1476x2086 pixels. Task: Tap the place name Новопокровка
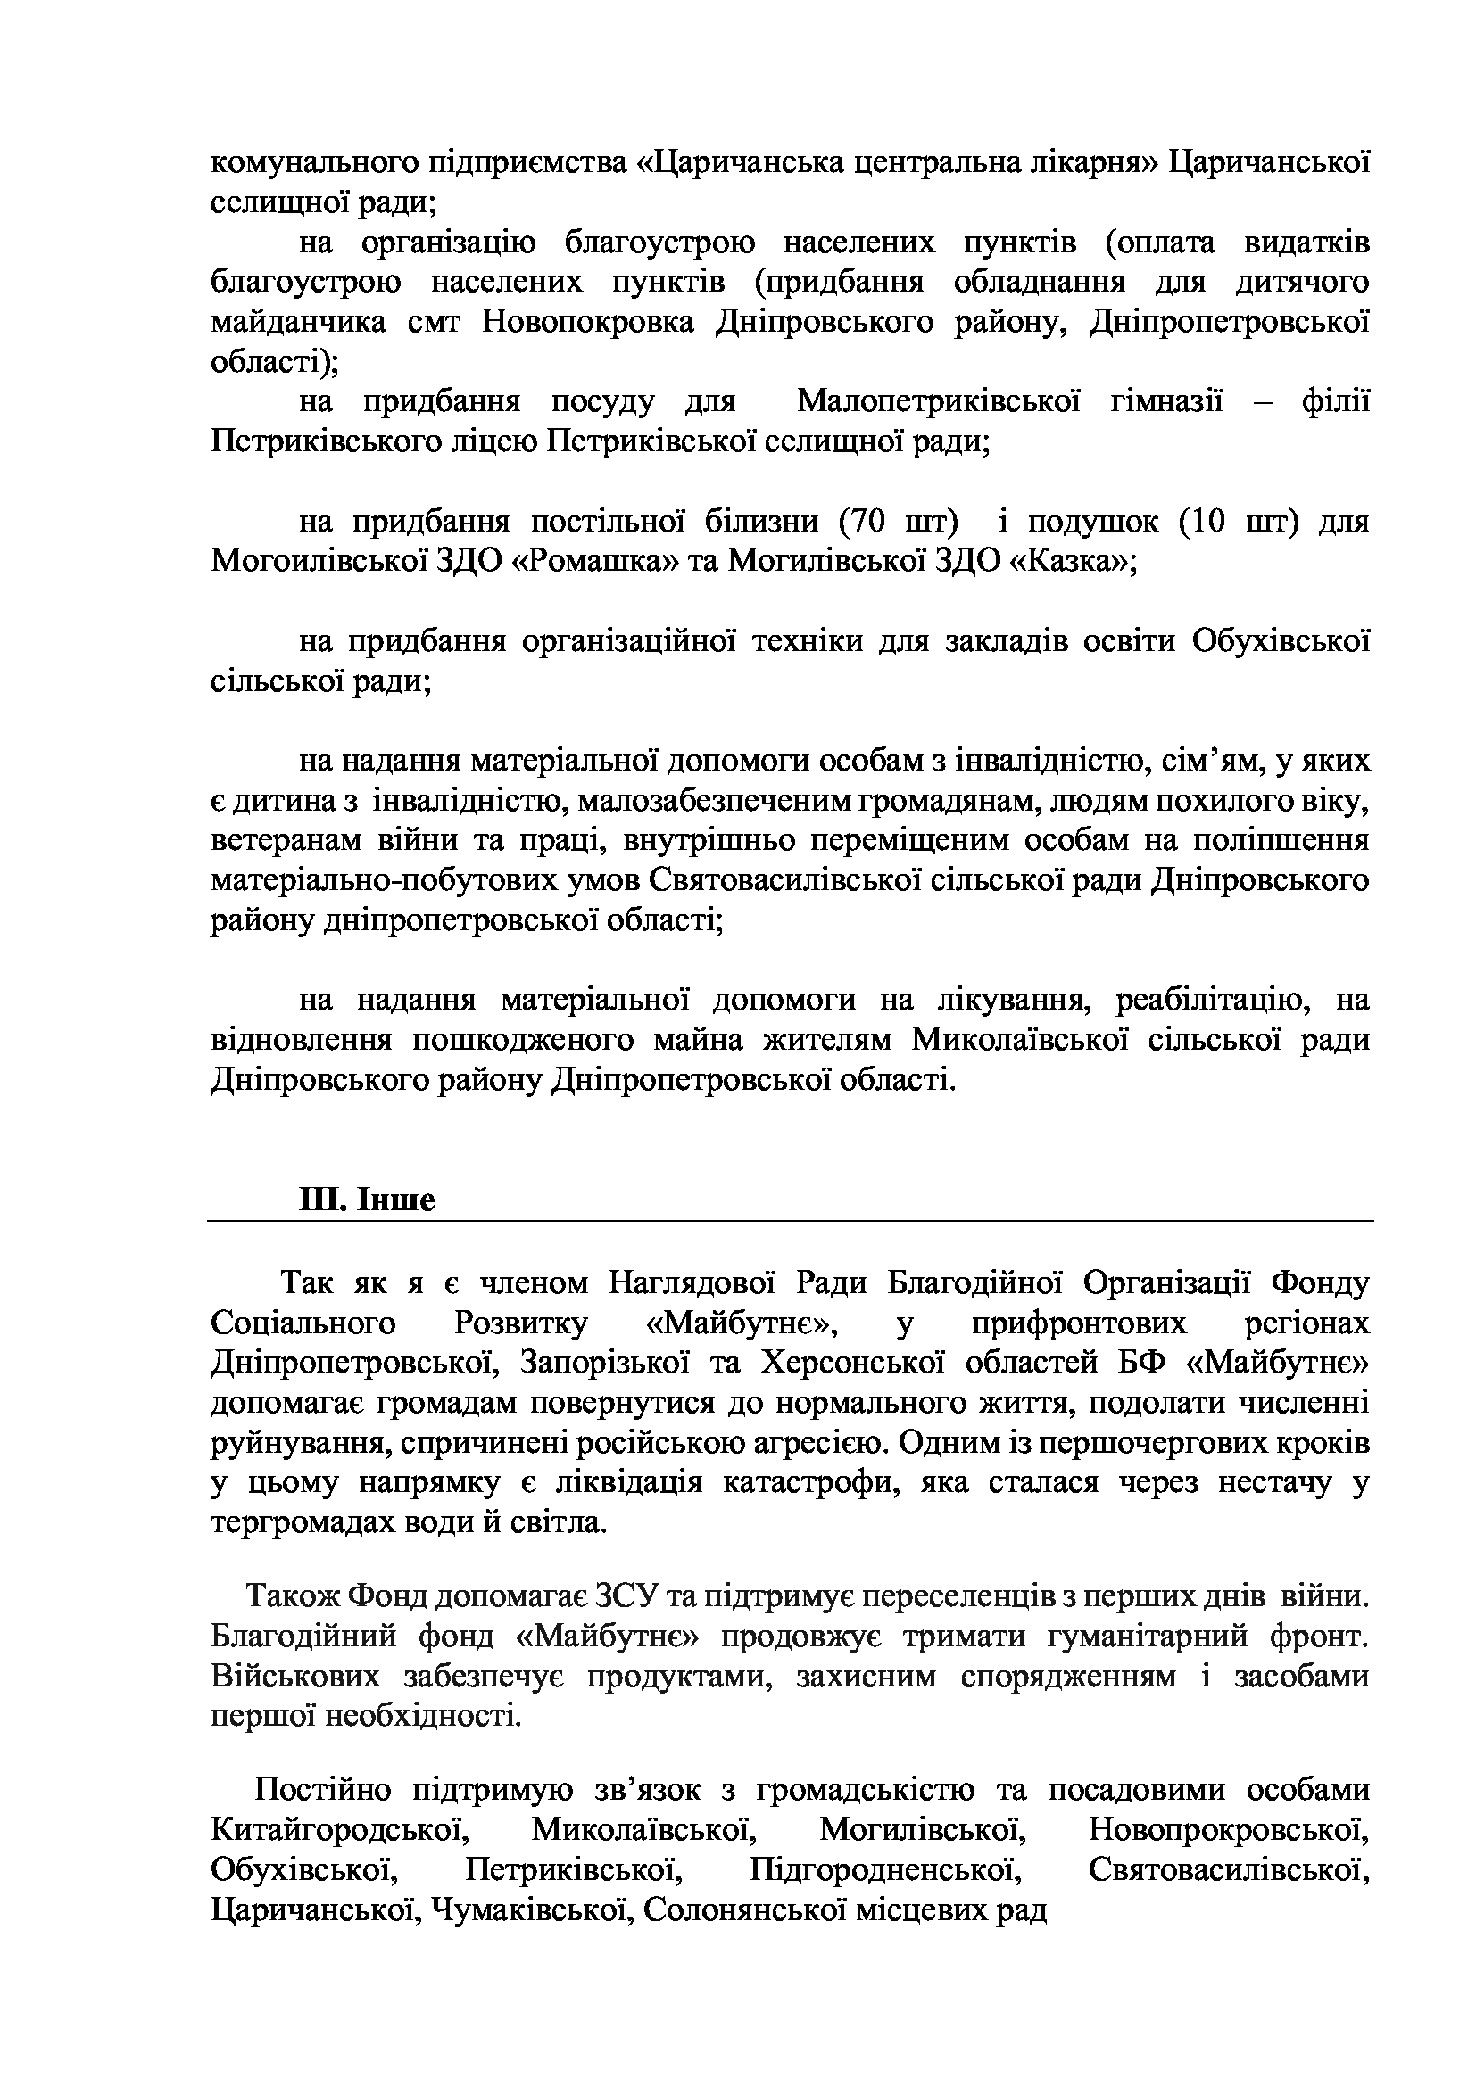(588, 323)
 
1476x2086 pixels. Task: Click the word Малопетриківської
(939, 401)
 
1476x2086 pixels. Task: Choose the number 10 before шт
(1207, 522)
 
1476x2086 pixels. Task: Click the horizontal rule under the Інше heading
(790, 1221)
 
